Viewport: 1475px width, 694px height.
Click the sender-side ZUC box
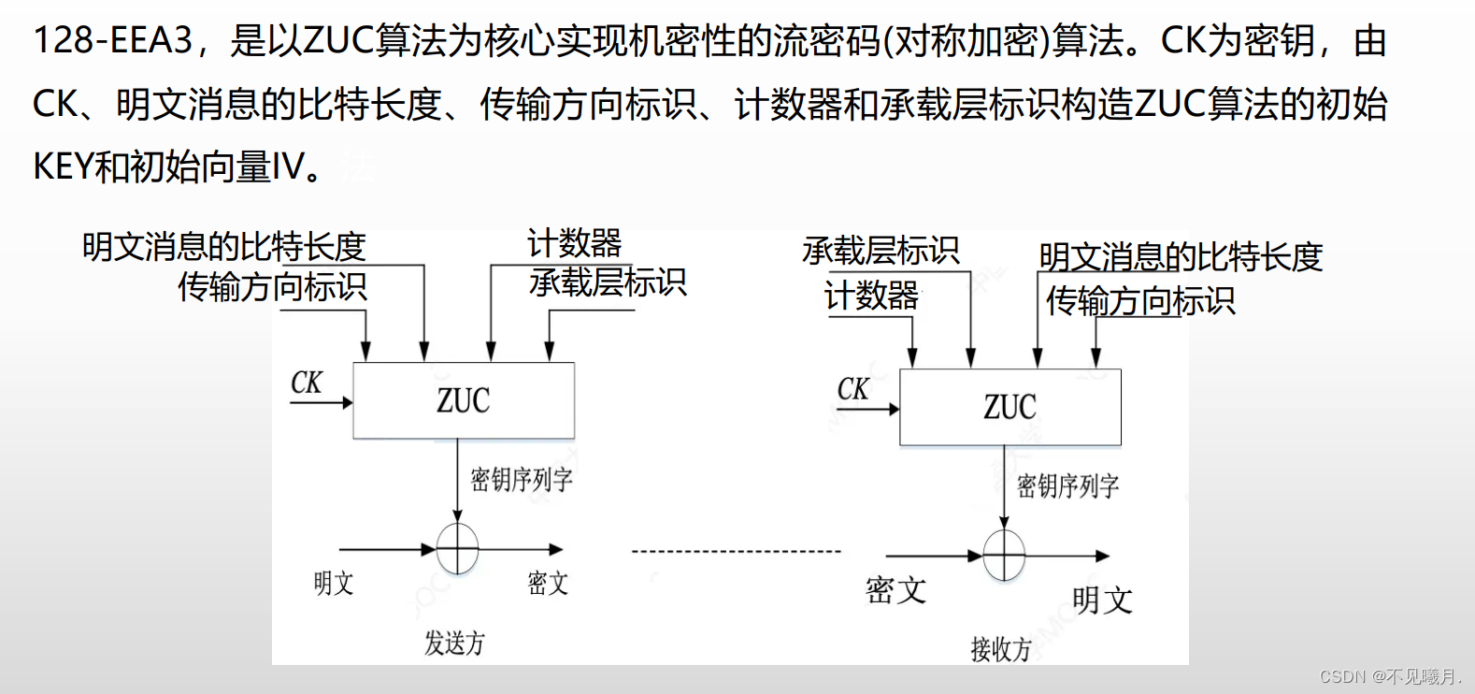464,400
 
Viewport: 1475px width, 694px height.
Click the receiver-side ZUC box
1010,407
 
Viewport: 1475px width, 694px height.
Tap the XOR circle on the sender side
458,549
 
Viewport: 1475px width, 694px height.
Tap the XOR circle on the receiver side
1004,556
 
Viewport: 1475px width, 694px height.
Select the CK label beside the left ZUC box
307,383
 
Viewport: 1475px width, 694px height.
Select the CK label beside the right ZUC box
852,389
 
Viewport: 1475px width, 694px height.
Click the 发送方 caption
455,643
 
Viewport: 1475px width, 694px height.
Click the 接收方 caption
1001,648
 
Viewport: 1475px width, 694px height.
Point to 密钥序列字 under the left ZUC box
521,480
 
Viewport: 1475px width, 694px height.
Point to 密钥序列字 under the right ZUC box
1067,486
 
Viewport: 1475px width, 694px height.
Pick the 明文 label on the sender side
334,584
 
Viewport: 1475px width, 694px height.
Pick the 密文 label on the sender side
548,584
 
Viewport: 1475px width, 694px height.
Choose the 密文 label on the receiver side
895,590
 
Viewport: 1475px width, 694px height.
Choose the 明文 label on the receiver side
1102,600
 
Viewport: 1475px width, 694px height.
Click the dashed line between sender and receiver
737,552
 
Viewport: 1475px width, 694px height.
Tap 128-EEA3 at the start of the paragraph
112,40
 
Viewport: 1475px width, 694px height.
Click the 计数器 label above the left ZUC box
575,243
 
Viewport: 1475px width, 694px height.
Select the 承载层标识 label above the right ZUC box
881,251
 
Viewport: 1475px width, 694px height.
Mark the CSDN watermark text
1389,676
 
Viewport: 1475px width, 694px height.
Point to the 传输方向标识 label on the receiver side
1140,301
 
